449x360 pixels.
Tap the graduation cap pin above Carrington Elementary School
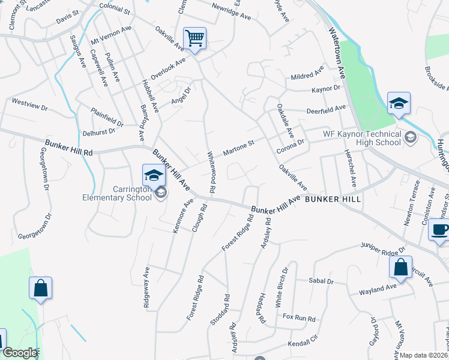tap(153, 176)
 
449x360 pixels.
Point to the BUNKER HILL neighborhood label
tap(333, 199)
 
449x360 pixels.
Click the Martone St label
tap(240, 146)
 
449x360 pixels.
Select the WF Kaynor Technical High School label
tap(362, 137)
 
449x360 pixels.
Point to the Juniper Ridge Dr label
tap(384, 246)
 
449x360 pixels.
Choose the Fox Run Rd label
tap(299, 317)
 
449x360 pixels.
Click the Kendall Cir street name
tap(301, 343)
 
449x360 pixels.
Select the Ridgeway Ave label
tap(146, 288)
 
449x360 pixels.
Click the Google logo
tap(19, 353)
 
